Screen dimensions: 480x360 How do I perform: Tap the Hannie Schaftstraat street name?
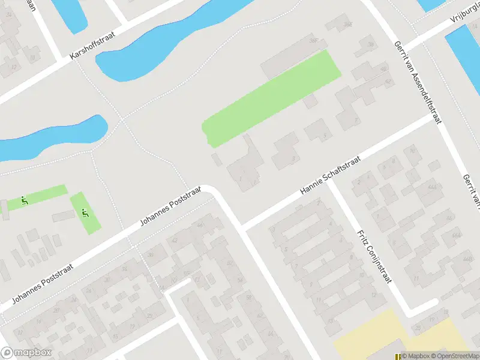pyautogui.click(x=330, y=175)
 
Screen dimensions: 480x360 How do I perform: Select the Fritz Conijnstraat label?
pyautogui.click(x=371, y=258)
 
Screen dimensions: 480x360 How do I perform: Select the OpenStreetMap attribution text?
pyautogui.click(x=453, y=356)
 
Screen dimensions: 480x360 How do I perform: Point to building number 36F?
pyautogui.click(x=313, y=41)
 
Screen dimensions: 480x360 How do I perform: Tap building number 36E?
pyautogui.click(x=347, y=25)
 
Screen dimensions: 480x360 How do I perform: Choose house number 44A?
pyautogui.click(x=432, y=187)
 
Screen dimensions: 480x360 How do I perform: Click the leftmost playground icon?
pyautogui.click(x=24, y=200)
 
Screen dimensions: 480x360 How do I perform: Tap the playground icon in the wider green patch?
pyautogui.click(x=85, y=212)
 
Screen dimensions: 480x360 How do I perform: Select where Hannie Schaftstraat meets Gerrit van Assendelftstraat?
pyautogui.click(x=433, y=118)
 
